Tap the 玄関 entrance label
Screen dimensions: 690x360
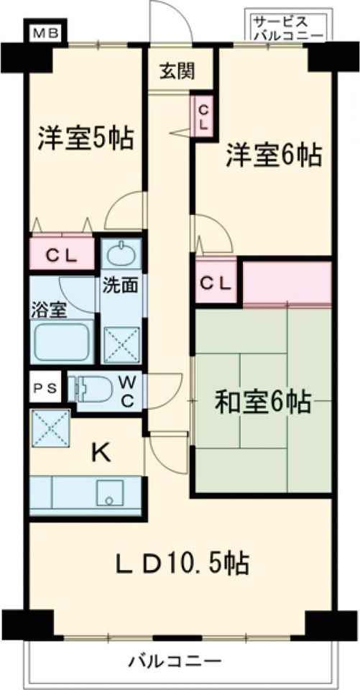tap(176, 71)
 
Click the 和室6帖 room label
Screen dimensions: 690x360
tap(263, 400)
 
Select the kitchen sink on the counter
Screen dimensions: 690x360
tap(109, 494)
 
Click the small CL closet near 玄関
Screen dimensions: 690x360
tap(203, 114)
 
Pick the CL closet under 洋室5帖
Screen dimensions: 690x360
tap(63, 254)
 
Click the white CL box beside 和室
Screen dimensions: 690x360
tap(216, 282)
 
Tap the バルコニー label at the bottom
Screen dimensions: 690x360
tap(175, 660)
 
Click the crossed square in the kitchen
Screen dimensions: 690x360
tap(50, 428)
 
